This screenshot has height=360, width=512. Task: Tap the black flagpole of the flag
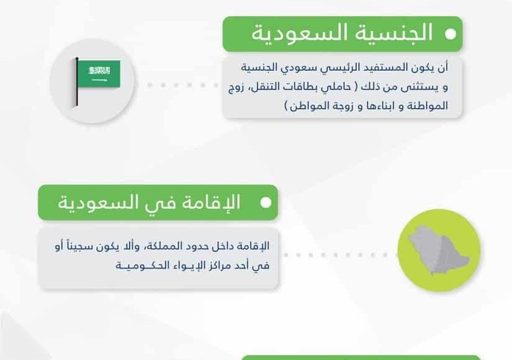(77, 82)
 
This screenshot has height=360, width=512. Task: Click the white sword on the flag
(99, 80)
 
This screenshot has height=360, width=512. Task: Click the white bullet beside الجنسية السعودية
(451, 34)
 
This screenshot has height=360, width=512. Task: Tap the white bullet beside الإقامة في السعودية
(266, 202)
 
